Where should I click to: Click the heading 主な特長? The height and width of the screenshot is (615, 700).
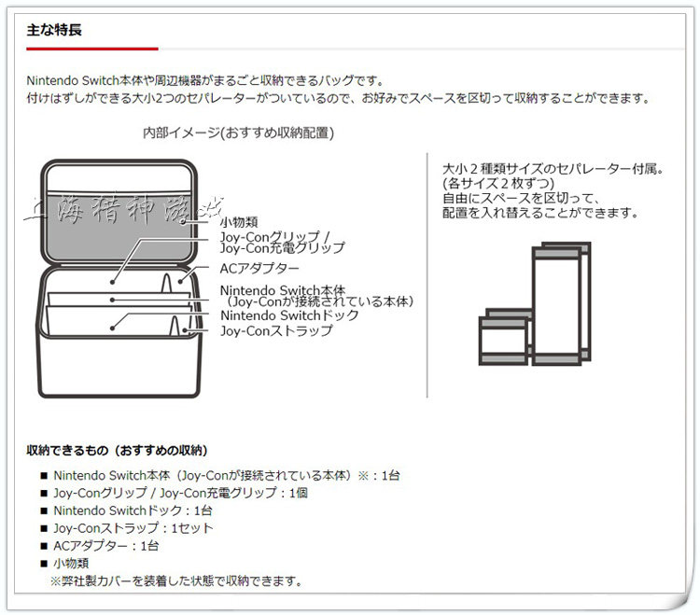(x=54, y=30)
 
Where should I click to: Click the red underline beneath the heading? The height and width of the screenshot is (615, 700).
(x=91, y=48)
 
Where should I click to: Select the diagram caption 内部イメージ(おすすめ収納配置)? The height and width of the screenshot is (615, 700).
(x=238, y=133)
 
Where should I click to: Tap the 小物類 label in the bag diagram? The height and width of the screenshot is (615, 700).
(x=239, y=222)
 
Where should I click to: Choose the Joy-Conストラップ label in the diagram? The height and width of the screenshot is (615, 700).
(x=275, y=330)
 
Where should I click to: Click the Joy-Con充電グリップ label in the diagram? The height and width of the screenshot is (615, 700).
(x=282, y=248)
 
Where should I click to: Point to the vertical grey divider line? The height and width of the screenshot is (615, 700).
(x=427, y=275)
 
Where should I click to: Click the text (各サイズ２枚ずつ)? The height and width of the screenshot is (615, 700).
(x=493, y=184)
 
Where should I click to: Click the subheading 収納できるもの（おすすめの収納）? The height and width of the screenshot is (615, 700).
(x=117, y=451)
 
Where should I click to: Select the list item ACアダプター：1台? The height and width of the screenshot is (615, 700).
(x=105, y=546)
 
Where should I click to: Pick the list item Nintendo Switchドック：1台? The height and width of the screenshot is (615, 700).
(x=133, y=510)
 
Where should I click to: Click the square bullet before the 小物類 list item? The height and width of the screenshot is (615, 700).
(x=43, y=564)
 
